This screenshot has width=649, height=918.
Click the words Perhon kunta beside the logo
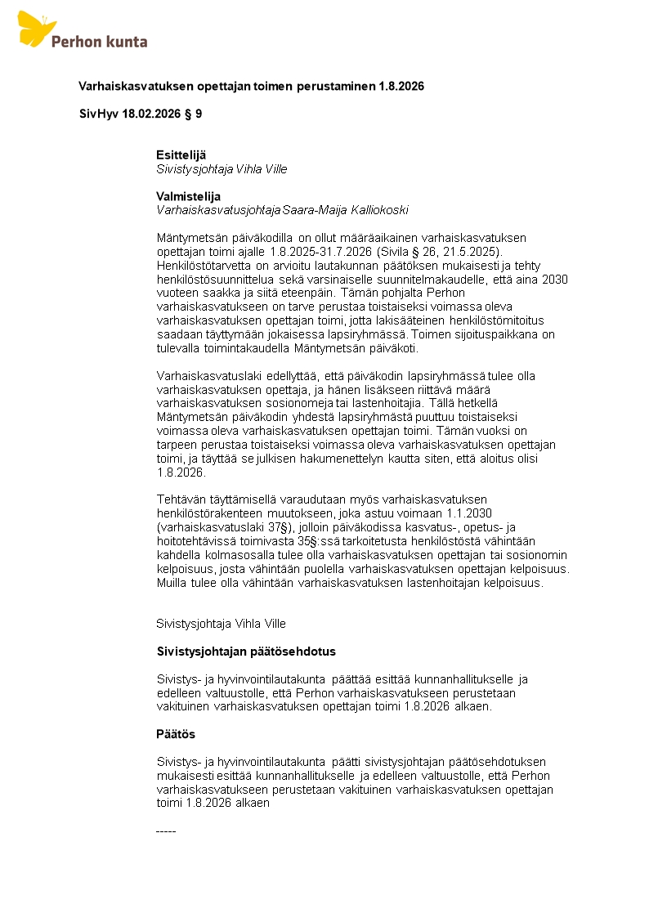pyautogui.click(x=99, y=41)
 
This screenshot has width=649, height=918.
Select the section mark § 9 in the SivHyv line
pyautogui.click(x=192, y=114)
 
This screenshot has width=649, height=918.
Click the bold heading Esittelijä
pyautogui.click(x=181, y=154)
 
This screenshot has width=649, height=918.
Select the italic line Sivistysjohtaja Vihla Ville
pyautogui.click(x=222, y=169)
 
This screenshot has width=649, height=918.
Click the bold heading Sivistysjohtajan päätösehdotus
pyautogui.click(x=246, y=652)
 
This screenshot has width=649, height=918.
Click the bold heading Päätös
pyautogui.click(x=176, y=734)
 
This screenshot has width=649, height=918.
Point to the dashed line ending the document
pyautogui.click(x=166, y=831)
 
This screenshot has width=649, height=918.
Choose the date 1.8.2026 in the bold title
pyautogui.click(x=401, y=86)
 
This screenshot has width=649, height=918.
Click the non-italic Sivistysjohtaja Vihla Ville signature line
pyautogui.click(x=222, y=624)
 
